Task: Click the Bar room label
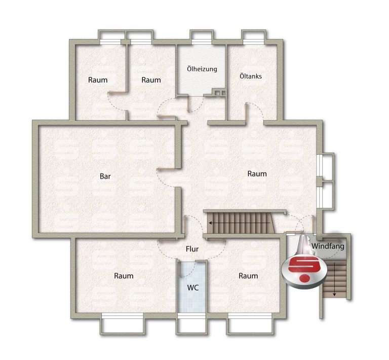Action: click(x=105, y=176)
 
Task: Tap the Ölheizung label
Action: click(x=202, y=69)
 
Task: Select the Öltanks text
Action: click(x=251, y=76)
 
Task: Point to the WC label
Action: click(x=193, y=288)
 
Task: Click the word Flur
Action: click(x=192, y=249)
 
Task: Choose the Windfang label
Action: click(x=328, y=246)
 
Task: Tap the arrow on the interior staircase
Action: click(x=240, y=223)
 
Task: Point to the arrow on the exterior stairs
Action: click(x=334, y=279)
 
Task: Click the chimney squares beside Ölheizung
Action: click(x=220, y=93)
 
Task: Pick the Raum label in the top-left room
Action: click(x=98, y=80)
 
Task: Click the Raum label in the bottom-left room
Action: click(x=124, y=276)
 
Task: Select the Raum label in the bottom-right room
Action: click(x=248, y=276)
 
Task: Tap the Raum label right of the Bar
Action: click(x=257, y=174)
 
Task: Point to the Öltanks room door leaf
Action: click(x=246, y=112)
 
